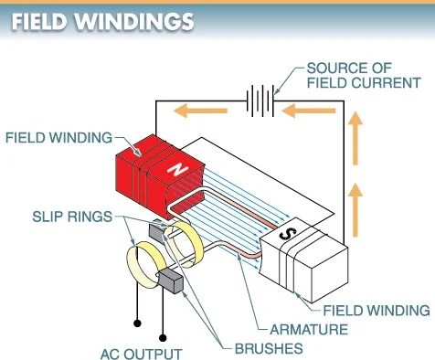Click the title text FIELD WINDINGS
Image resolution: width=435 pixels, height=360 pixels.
click(x=101, y=21)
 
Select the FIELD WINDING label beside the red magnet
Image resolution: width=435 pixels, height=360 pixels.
click(x=58, y=138)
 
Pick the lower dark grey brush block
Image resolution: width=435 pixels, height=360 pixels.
click(x=171, y=281)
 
